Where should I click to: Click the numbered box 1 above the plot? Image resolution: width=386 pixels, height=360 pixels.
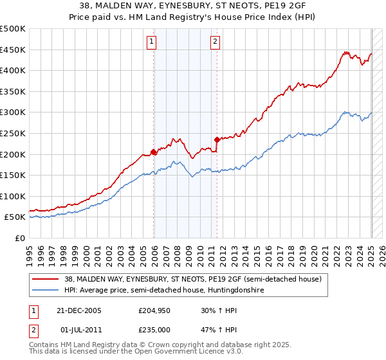point(151,42)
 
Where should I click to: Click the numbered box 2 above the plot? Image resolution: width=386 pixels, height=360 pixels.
point(214,42)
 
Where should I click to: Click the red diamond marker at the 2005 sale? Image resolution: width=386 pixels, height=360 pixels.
point(154,152)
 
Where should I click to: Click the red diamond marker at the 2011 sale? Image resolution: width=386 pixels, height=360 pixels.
point(217,139)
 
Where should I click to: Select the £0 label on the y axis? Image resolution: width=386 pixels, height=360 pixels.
point(21,238)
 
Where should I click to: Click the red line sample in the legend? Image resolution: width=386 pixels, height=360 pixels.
point(46,278)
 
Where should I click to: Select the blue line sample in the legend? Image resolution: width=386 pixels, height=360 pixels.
point(46,291)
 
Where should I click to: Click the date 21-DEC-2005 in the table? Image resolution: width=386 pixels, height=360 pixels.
point(79,310)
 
